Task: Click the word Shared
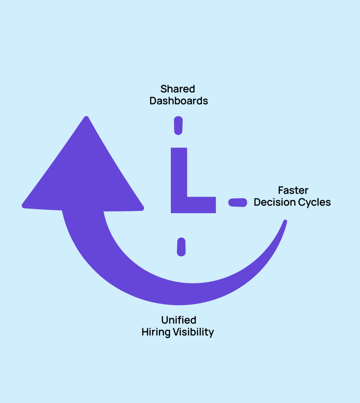click(x=178, y=89)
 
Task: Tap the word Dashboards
click(x=179, y=101)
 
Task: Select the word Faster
click(x=293, y=190)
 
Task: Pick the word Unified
click(x=178, y=320)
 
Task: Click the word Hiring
click(x=156, y=332)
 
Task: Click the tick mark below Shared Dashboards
click(x=178, y=125)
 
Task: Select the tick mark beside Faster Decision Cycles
click(x=238, y=202)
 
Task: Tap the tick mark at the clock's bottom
click(x=181, y=247)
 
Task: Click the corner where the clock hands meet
click(x=179, y=205)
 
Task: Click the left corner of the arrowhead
click(x=24, y=206)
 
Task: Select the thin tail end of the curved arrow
click(x=285, y=222)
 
